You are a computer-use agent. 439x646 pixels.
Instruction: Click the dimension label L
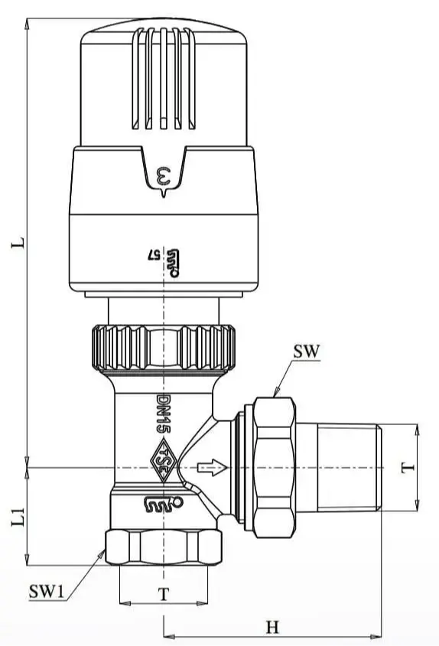pos(22,243)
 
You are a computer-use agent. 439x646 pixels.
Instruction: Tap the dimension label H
pos(272,627)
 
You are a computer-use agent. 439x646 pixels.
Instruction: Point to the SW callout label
pos(306,352)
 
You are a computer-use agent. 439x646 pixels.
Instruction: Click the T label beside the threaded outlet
pos(408,466)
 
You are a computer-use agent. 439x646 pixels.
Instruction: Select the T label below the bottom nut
pos(162,594)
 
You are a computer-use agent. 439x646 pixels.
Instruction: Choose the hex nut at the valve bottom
pos(162,548)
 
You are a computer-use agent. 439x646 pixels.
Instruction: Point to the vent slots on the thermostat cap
pos(162,80)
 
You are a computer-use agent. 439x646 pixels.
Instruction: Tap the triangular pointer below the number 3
pos(163,193)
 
